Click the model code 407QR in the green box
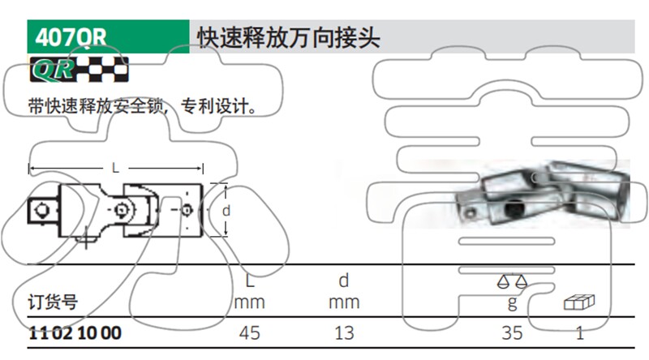[x=71, y=37]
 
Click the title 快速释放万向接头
[x=289, y=38]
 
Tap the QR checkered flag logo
[x=79, y=69]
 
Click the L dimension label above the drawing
[x=115, y=168]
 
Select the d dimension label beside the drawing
[x=226, y=211]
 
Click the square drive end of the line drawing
[x=44, y=211]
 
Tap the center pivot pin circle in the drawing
[x=122, y=210]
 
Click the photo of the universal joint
[x=542, y=194]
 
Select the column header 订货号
[x=53, y=302]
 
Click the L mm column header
[x=249, y=292]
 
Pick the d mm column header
[x=344, y=292]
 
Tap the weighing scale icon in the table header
[x=512, y=281]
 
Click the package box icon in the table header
[x=579, y=302]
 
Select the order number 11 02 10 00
[x=75, y=333]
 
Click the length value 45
[x=249, y=333]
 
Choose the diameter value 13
[x=344, y=333]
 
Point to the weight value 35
[x=512, y=333]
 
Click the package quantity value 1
[x=580, y=333]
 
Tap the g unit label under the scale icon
[x=513, y=302]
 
